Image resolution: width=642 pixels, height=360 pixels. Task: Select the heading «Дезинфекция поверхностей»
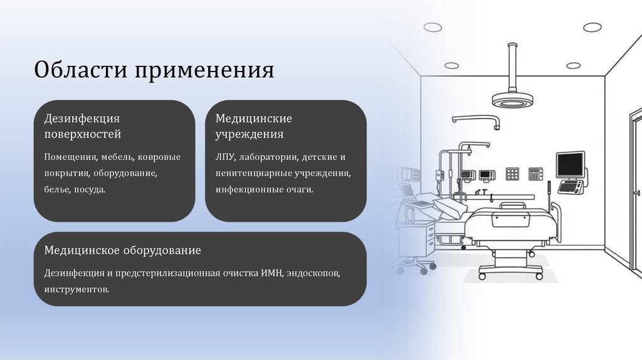coord(82,126)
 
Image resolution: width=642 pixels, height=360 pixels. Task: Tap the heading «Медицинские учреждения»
coord(253,126)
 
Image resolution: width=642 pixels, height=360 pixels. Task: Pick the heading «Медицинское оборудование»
coord(122,250)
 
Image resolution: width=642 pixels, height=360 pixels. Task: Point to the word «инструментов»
coord(76,289)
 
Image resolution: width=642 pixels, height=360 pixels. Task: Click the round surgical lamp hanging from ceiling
coord(512,98)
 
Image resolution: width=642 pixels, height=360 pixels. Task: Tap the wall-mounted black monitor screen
coord(570,164)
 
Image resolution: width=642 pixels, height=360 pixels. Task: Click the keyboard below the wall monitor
coord(570,186)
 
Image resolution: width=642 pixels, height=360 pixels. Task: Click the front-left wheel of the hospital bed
coord(483,275)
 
